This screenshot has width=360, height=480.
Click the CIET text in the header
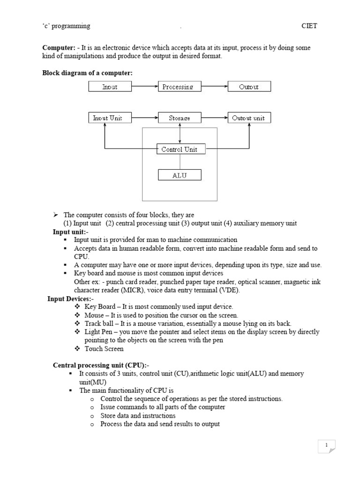(x=309, y=26)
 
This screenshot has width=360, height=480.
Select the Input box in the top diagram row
(x=110, y=87)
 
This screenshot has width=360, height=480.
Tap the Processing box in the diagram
(x=178, y=87)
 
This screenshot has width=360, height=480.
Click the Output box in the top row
(x=249, y=87)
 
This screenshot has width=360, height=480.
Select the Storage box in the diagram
(x=180, y=118)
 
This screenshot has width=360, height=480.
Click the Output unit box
(x=249, y=118)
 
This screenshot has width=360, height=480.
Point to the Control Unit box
(x=180, y=150)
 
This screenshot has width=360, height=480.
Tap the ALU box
(x=180, y=175)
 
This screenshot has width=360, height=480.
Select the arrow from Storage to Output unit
(x=214, y=118)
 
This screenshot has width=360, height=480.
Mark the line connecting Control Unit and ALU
(x=180, y=162)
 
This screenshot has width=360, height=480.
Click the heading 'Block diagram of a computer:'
(x=88, y=73)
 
